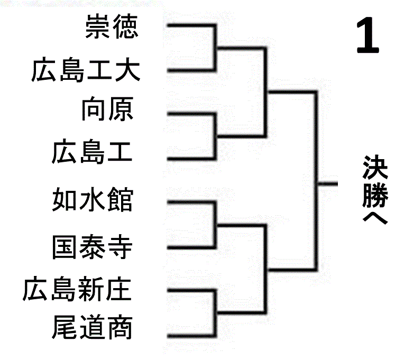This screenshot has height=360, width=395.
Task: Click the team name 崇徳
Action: point(111,27)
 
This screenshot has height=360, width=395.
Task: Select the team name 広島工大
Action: point(85,71)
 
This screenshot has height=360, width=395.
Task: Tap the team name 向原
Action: point(106,110)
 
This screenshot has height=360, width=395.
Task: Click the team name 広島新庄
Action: point(77,290)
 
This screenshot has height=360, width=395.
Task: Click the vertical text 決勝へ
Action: point(376,190)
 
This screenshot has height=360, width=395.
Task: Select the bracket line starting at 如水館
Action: point(190,202)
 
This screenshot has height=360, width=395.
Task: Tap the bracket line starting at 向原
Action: point(190,113)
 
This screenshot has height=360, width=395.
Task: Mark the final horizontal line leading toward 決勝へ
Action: point(327,183)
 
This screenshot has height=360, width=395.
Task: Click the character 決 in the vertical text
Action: point(376,168)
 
